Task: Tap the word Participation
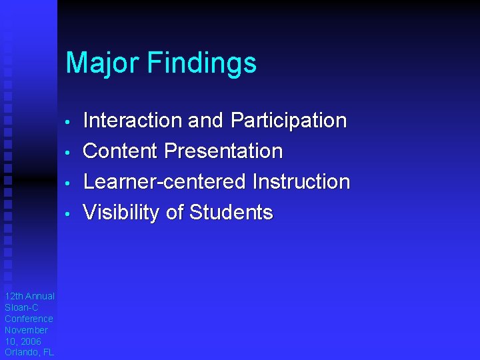[288, 121]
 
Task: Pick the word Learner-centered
[164, 182]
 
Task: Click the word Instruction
[301, 182]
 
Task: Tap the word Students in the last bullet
[231, 213]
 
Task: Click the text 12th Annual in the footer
[29, 296]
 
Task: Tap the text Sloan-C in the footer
[21, 307]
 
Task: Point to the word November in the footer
[26, 330]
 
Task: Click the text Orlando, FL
[29, 353]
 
